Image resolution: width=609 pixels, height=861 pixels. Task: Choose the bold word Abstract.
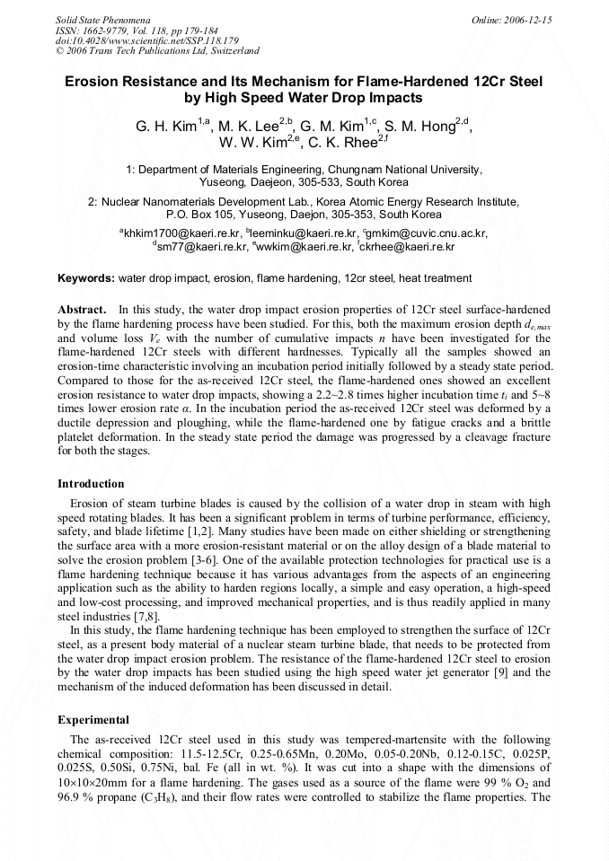click(x=82, y=310)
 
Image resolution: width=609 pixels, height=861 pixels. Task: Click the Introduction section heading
click(x=91, y=484)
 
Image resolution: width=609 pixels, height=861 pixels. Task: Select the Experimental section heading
click(x=93, y=720)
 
